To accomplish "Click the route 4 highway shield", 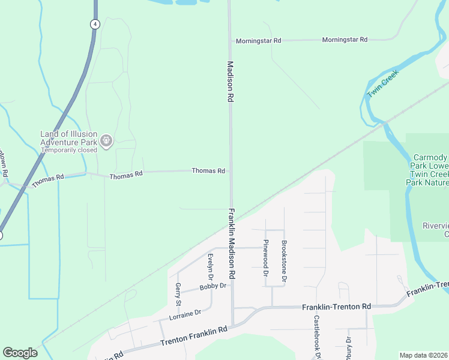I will point(95,24).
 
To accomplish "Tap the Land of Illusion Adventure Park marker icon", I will point(106,140).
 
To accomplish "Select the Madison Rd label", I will point(229,82).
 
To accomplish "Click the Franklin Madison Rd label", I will point(231,242).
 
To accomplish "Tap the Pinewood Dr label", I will point(265,257).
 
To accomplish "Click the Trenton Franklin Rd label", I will point(194,337).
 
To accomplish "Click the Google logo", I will point(20,353).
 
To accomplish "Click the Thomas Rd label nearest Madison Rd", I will point(208,171).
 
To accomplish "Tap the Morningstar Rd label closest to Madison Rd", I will point(258,40).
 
